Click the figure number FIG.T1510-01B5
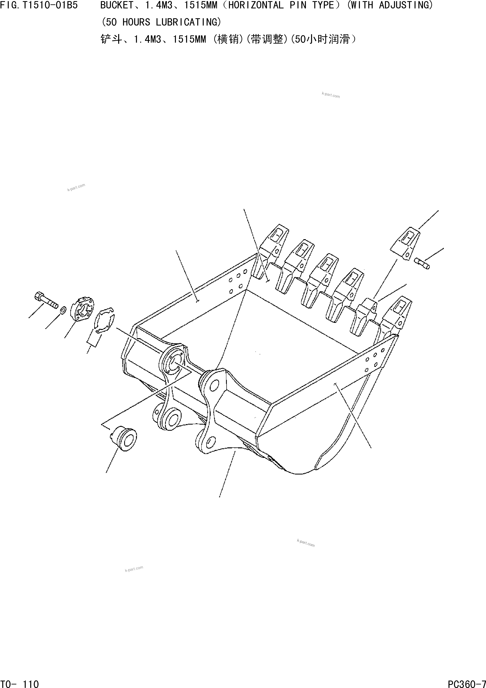39,5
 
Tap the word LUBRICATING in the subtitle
188,22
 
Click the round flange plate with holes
82,310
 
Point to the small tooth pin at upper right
422,263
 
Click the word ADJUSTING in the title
406,5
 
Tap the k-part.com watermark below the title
331,95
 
